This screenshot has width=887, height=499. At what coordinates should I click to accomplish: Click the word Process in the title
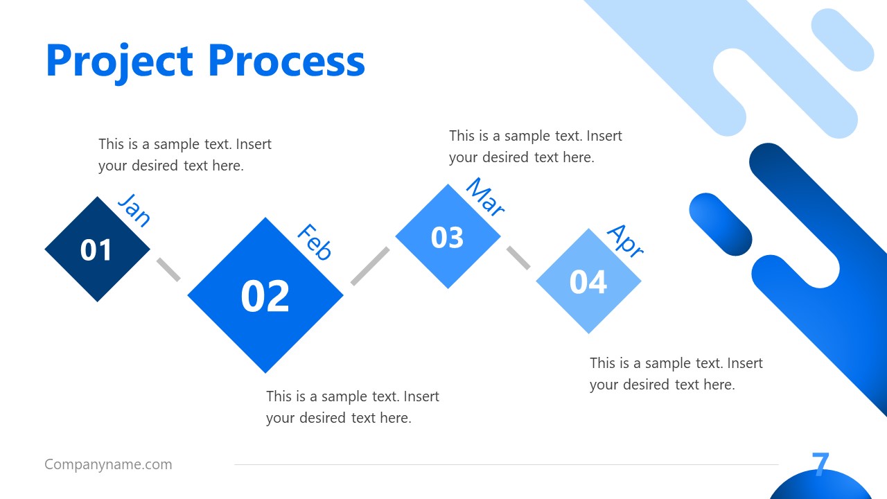click(286, 61)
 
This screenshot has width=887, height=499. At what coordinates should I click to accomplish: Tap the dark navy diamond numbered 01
click(97, 249)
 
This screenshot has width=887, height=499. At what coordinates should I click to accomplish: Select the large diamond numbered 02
click(265, 295)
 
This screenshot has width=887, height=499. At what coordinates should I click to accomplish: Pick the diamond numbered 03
click(448, 237)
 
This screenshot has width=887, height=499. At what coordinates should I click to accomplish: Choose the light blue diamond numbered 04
click(588, 281)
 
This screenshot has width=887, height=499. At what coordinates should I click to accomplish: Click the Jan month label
click(134, 210)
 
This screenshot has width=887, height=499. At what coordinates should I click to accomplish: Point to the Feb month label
click(314, 242)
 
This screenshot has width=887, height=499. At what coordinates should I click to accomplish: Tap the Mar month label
click(484, 197)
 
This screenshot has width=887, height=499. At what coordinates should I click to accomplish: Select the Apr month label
click(625, 240)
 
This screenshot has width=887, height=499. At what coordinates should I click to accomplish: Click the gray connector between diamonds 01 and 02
click(168, 269)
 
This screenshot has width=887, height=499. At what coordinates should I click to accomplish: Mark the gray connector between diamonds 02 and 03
click(369, 265)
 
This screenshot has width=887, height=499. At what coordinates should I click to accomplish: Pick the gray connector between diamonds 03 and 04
click(518, 257)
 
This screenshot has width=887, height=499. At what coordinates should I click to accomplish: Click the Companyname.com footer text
click(108, 464)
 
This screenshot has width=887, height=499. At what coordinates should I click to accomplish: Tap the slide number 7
click(820, 464)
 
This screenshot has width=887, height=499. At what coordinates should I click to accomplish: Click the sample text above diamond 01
click(184, 155)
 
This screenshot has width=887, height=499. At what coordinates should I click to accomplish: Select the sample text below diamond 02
click(352, 407)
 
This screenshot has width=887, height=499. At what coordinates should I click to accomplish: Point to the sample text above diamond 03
click(535, 146)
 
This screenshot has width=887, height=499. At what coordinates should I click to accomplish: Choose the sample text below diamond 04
click(676, 374)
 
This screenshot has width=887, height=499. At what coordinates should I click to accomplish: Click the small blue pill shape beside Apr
click(721, 225)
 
